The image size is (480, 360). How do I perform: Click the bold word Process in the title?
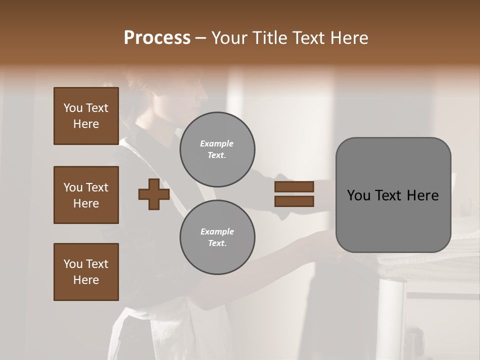[x=157, y=37]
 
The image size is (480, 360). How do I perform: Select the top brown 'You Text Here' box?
[x=86, y=116]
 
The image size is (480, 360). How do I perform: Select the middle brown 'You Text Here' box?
[x=86, y=195]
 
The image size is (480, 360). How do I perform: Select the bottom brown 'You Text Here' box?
[x=86, y=272]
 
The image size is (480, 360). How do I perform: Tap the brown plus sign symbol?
[x=154, y=193]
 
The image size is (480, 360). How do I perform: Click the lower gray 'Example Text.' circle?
[x=217, y=237]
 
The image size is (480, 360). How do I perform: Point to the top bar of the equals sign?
[x=294, y=186]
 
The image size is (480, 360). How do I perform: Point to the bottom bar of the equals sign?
[x=294, y=201]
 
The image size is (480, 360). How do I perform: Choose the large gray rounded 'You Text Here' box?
[x=393, y=195]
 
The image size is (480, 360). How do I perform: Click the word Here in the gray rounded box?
[x=422, y=195]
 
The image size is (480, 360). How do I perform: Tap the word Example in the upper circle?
[x=217, y=143]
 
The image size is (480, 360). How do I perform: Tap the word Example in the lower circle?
[x=217, y=231]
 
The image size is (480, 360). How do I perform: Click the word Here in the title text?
[x=349, y=37]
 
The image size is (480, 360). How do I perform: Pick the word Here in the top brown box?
[x=86, y=124]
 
